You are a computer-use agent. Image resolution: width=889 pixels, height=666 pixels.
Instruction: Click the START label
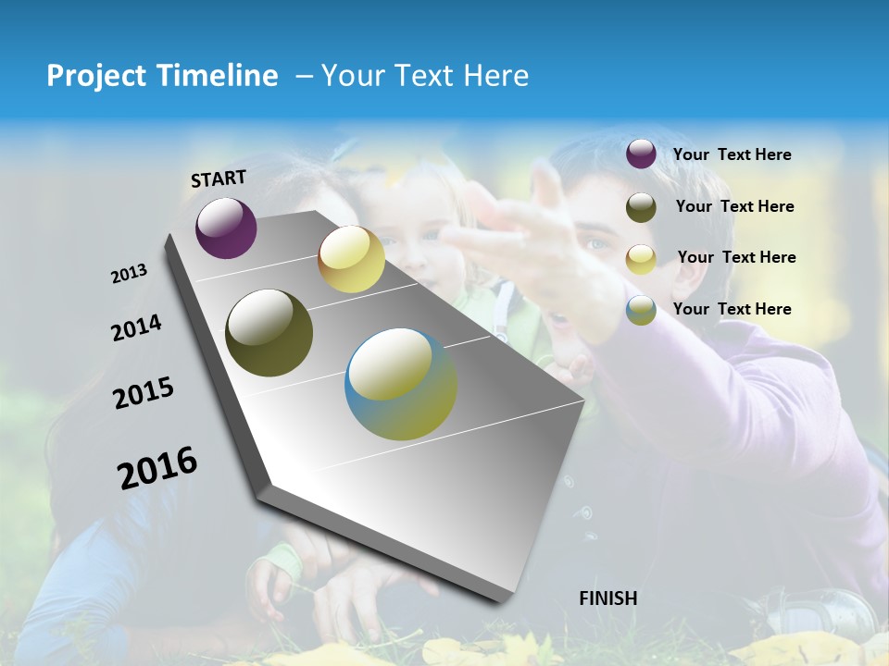pyautogui.click(x=219, y=179)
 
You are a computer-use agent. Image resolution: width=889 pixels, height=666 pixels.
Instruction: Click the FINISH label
pyautogui.click(x=607, y=598)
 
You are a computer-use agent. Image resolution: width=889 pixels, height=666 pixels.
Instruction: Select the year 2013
pyautogui.click(x=129, y=274)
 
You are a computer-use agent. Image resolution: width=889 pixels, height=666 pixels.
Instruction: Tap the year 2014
pyautogui.click(x=136, y=327)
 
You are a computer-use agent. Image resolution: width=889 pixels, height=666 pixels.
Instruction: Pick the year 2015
pyautogui.click(x=144, y=393)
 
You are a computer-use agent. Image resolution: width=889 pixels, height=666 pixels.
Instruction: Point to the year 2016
pyautogui.click(x=157, y=468)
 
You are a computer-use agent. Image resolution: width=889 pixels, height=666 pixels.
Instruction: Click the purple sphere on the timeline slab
pyautogui.click(x=226, y=228)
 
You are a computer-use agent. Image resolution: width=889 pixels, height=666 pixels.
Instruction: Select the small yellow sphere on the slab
pyautogui.click(x=351, y=259)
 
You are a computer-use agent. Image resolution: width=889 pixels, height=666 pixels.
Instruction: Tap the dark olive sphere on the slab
pyautogui.click(x=269, y=333)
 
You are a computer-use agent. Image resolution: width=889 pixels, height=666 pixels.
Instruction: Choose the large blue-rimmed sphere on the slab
pyautogui.click(x=401, y=384)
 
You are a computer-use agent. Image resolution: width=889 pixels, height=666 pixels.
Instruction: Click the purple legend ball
pyautogui.click(x=641, y=154)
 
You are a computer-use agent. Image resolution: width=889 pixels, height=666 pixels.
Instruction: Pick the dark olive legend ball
pyautogui.click(x=641, y=207)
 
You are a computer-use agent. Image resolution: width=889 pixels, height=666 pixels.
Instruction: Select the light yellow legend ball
pyautogui.click(x=641, y=259)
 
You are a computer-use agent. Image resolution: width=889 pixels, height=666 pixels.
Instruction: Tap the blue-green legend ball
pyautogui.click(x=641, y=310)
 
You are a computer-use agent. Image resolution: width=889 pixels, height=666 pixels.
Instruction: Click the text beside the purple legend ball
pyautogui.click(x=732, y=155)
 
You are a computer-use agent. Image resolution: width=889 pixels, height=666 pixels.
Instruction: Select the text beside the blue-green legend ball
pyautogui.click(x=732, y=309)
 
